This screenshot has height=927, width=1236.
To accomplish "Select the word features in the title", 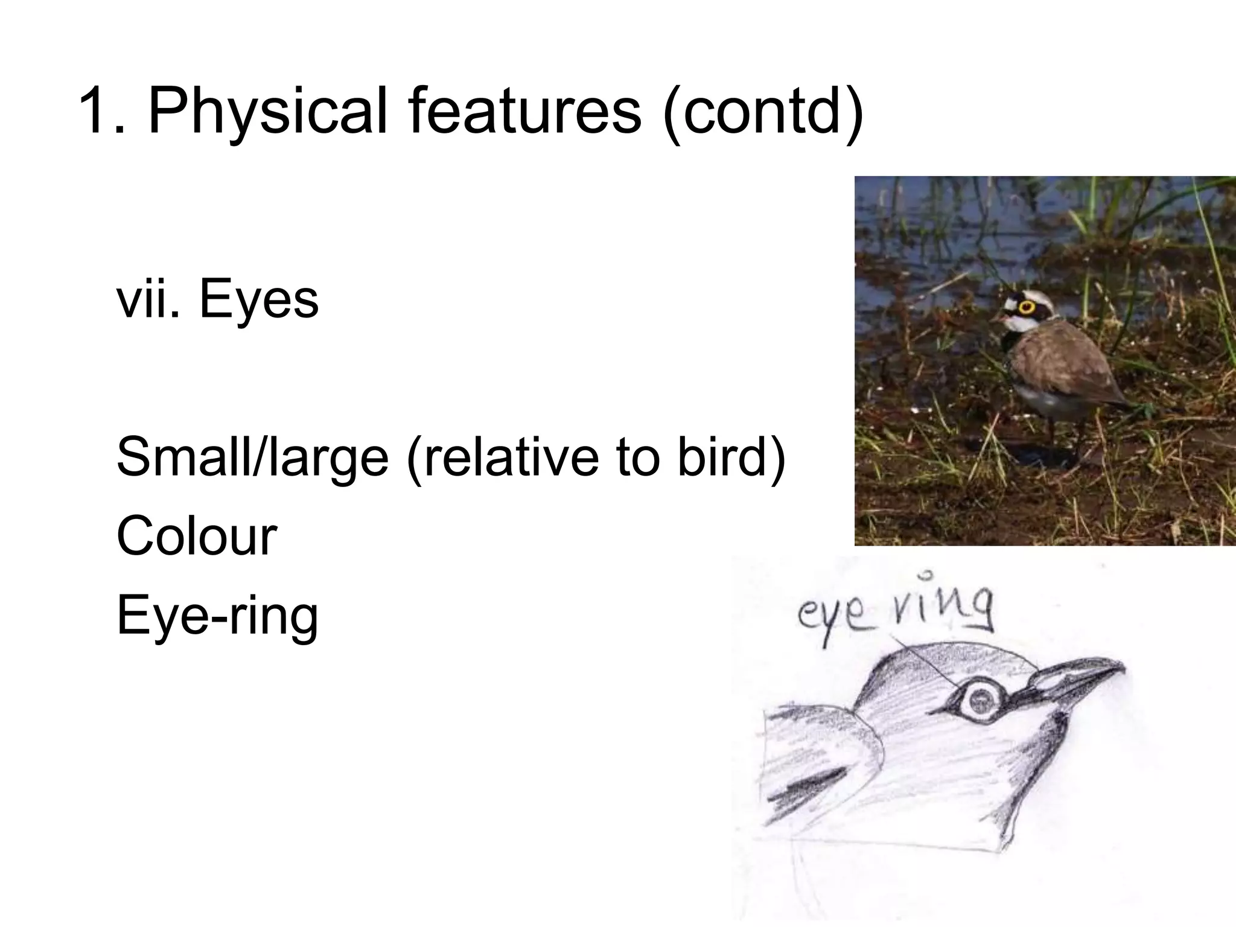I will [524, 112].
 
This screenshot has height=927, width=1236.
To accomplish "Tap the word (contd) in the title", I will [762, 112].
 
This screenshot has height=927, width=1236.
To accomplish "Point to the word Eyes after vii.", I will [258, 300].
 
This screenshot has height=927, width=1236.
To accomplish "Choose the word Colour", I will [196, 536].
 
